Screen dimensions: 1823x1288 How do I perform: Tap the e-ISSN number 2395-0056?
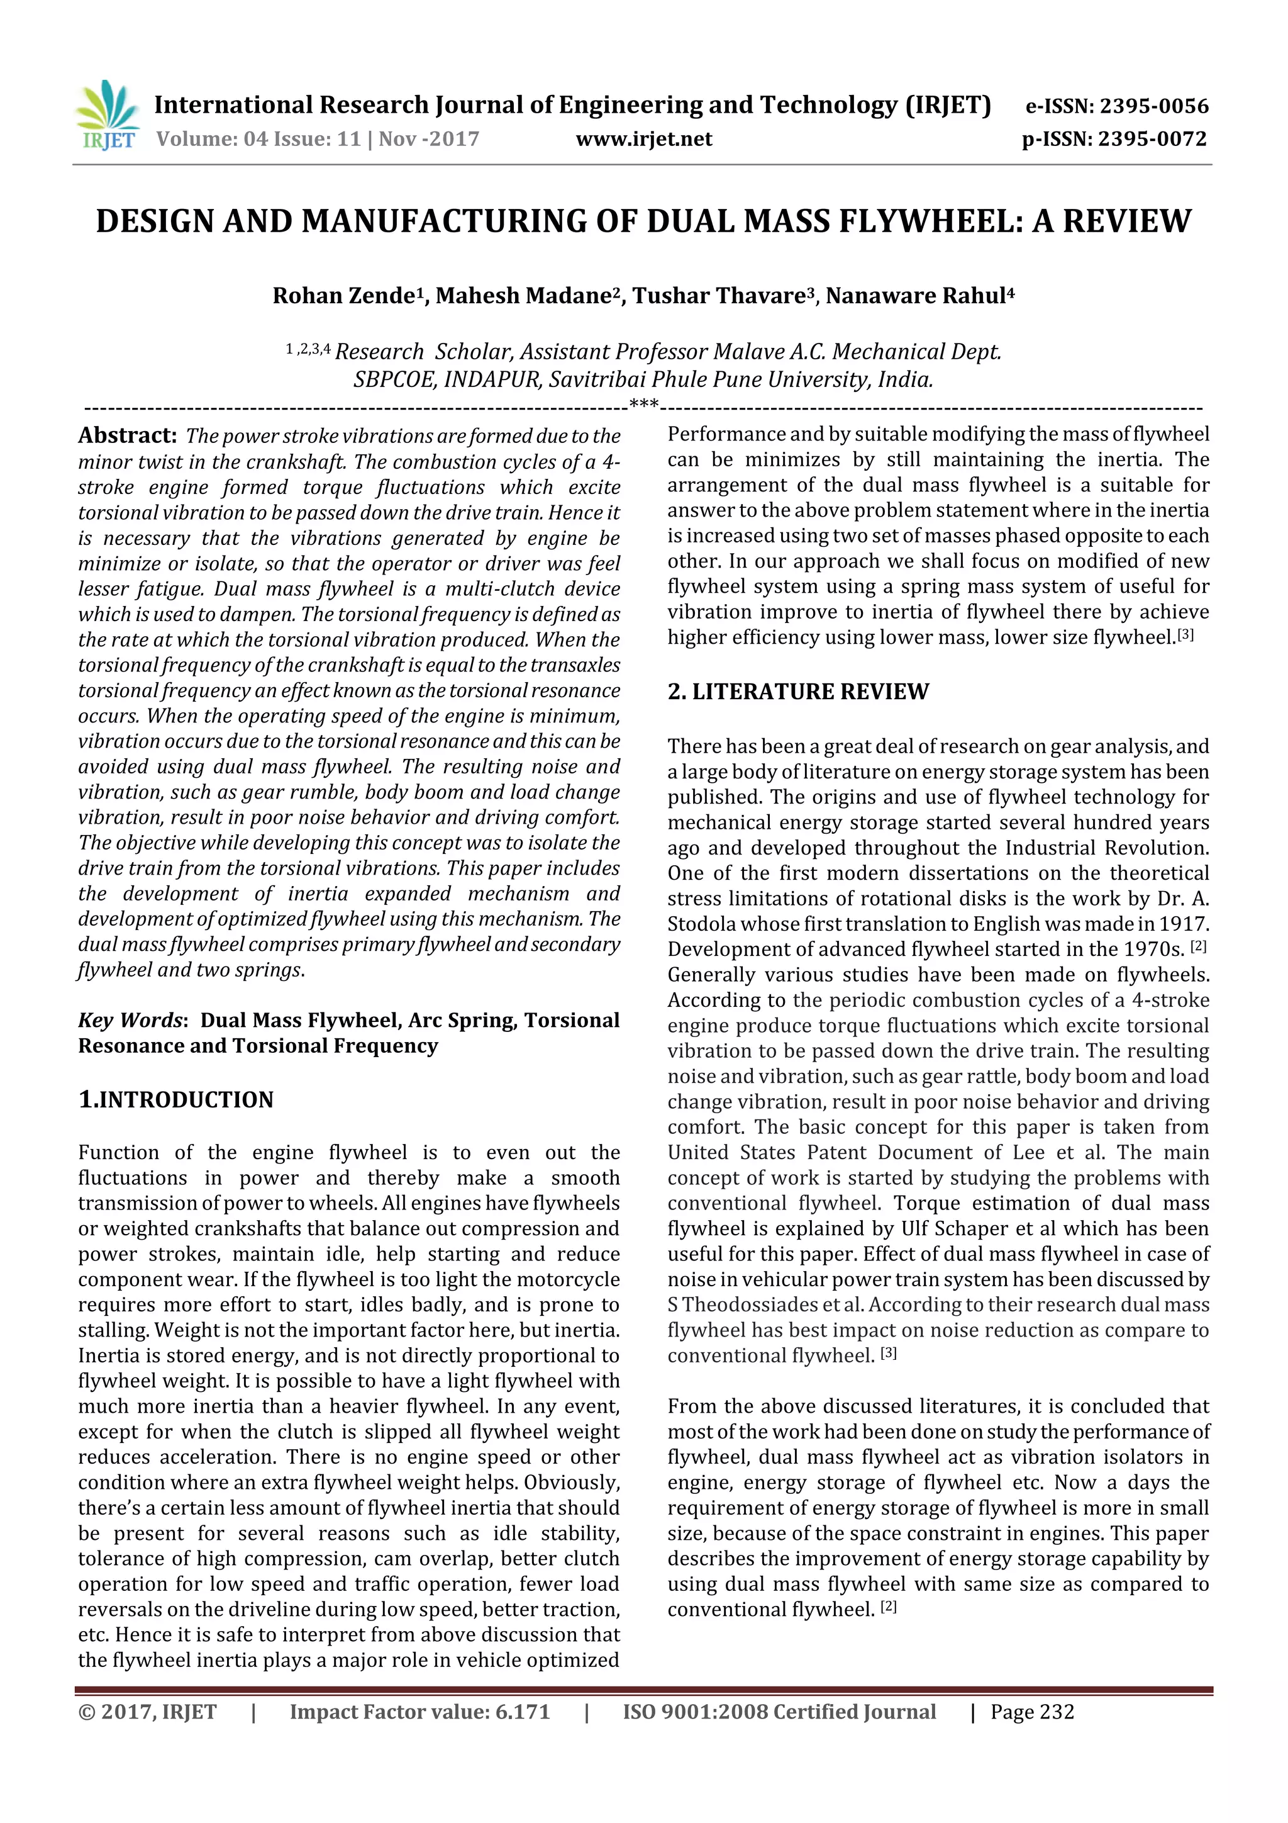[x=1154, y=106]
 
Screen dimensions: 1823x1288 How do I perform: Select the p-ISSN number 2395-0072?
[x=1152, y=140]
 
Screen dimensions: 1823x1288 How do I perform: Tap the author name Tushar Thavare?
[x=718, y=296]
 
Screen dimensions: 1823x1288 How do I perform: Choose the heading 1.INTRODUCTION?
[x=175, y=1100]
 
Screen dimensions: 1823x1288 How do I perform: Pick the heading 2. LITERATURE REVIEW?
[x=797, y=692]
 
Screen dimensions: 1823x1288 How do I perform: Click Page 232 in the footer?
[x=1031, y=1712]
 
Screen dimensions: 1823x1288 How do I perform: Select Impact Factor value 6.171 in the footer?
[x=420, y=1712]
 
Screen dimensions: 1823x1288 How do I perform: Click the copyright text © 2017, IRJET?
[x=148, y=1712]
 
